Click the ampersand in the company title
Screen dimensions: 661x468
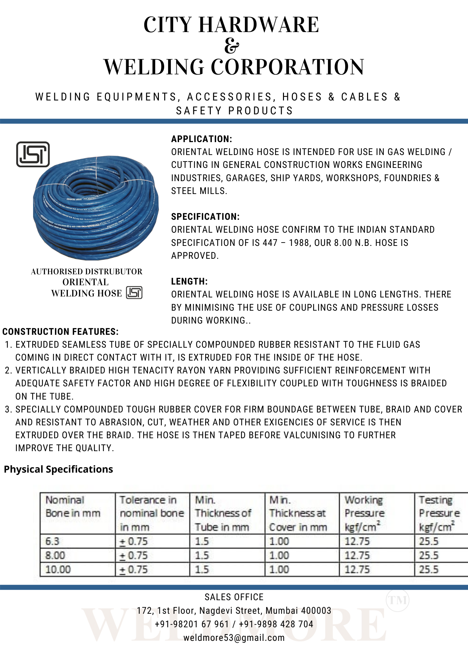click(x=231, y=46)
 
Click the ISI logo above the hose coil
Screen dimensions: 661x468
click(x=33, y=154)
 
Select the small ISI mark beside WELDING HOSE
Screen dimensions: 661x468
click(x=134, y=293)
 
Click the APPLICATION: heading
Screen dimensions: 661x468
click(x=202, y=139)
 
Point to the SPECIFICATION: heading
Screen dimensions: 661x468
click(x=205, y=216)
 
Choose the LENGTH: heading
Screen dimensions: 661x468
click(x=189, y=281)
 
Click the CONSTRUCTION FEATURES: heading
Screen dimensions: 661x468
click(x=61, y=331)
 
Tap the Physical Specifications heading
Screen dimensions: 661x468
click(x=58, y=469)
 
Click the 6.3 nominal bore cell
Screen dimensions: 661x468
click(x=52, y=541)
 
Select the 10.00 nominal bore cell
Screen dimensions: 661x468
click(x=58, y=569)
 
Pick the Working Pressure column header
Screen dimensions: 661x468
click(x=364, y=513)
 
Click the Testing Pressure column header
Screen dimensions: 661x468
click(x=439, y=513)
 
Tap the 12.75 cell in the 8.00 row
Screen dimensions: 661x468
click(x=357, y=555)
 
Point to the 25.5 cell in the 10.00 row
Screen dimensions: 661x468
click(x=429, y=569)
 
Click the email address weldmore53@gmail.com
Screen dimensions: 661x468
click(x=234, y=638)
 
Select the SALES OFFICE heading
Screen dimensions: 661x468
click(x=234, y=597)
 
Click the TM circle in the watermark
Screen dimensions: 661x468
click(x=398, y=600)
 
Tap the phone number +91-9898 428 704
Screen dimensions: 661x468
click(x=276, y=624)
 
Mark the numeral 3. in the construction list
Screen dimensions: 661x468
click(x=9, y=409)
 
